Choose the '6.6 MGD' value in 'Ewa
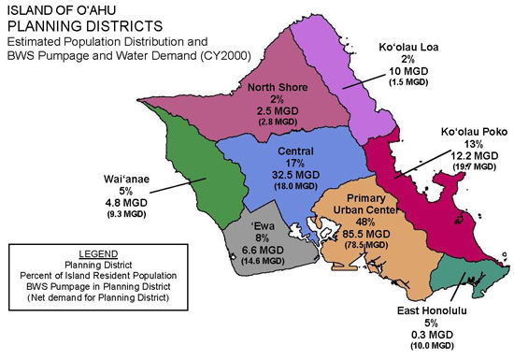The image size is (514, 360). [x=264, y=252]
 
